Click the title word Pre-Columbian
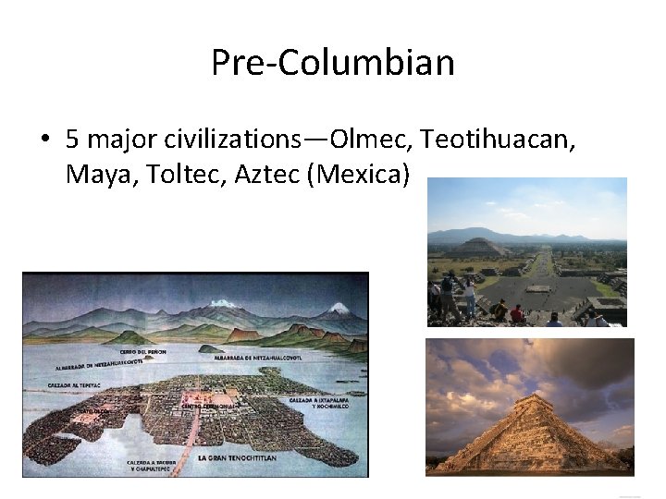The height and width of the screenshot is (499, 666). pos(333,63)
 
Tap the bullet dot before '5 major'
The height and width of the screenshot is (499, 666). pos(43,140)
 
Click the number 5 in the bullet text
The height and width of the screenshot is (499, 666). pos(72,140)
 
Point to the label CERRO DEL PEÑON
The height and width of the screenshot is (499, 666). pos(144,351)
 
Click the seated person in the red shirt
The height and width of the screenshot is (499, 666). pos(516,314)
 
